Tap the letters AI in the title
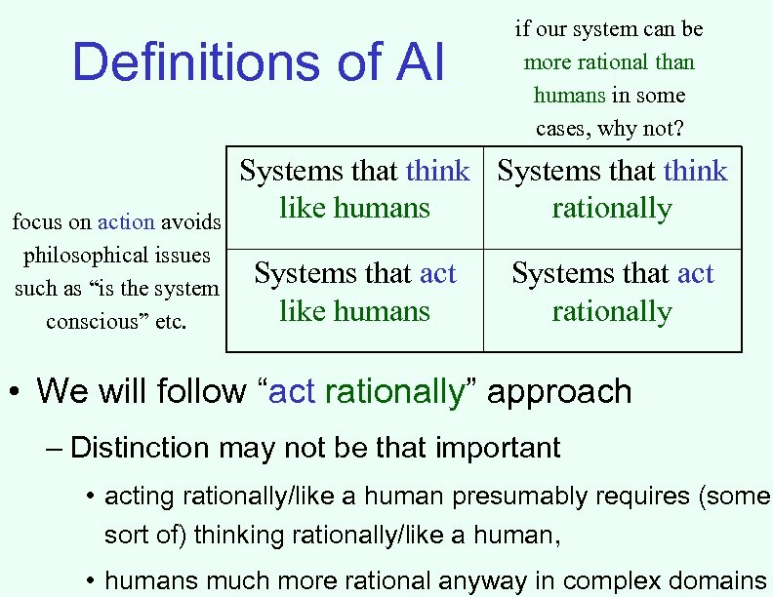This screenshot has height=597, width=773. (419, 62)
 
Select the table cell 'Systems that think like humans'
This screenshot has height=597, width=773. (354, 189)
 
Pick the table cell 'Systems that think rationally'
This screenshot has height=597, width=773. (612, 189)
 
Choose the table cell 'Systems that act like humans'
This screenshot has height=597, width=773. (354, 293)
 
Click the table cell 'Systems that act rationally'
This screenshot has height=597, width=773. (612, 293)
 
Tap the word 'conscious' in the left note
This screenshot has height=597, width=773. (95, 322)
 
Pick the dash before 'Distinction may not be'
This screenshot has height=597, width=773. (54, 449)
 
